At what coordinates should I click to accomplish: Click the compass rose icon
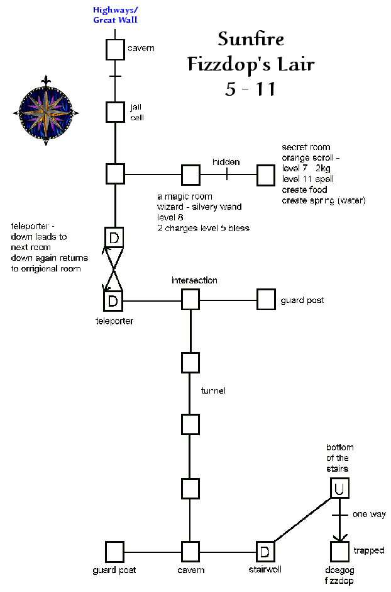pyautogui.click(x=46, y=111)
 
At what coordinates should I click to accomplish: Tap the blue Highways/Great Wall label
pyautogui.click(x=114, y=14)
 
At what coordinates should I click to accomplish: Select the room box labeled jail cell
pyautogui.click(x=115, y=111)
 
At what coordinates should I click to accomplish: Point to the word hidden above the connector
pyautogui.click(x=226, y=162)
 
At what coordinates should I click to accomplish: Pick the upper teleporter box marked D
pyautogui.click(x=114, y=237)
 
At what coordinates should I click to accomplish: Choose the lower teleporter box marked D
pyautogui.click(x=114, y=300)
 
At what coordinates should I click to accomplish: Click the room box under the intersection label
pyautogui.click(x=190, y=299)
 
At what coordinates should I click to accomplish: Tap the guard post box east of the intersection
pyautogui.click(x=266, y=299)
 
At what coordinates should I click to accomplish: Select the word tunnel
pyautogui.click(x=212, y=391)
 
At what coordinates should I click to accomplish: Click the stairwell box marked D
pyautogui.click(x=265, y=552)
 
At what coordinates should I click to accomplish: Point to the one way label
pyautogui.click(x=368, y=515)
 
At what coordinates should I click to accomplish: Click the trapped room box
pyautogui.click(x=340, y=552)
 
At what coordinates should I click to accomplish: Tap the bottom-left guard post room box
pyautogui.click(x=114, y=552)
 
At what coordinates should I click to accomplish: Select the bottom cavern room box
pyautogui.click(x=190, y=552)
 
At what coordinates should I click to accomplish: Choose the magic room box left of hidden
pyautogui.click(x=190, y=174)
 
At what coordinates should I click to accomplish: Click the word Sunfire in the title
pyautogui.click(x=251, y=39)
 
